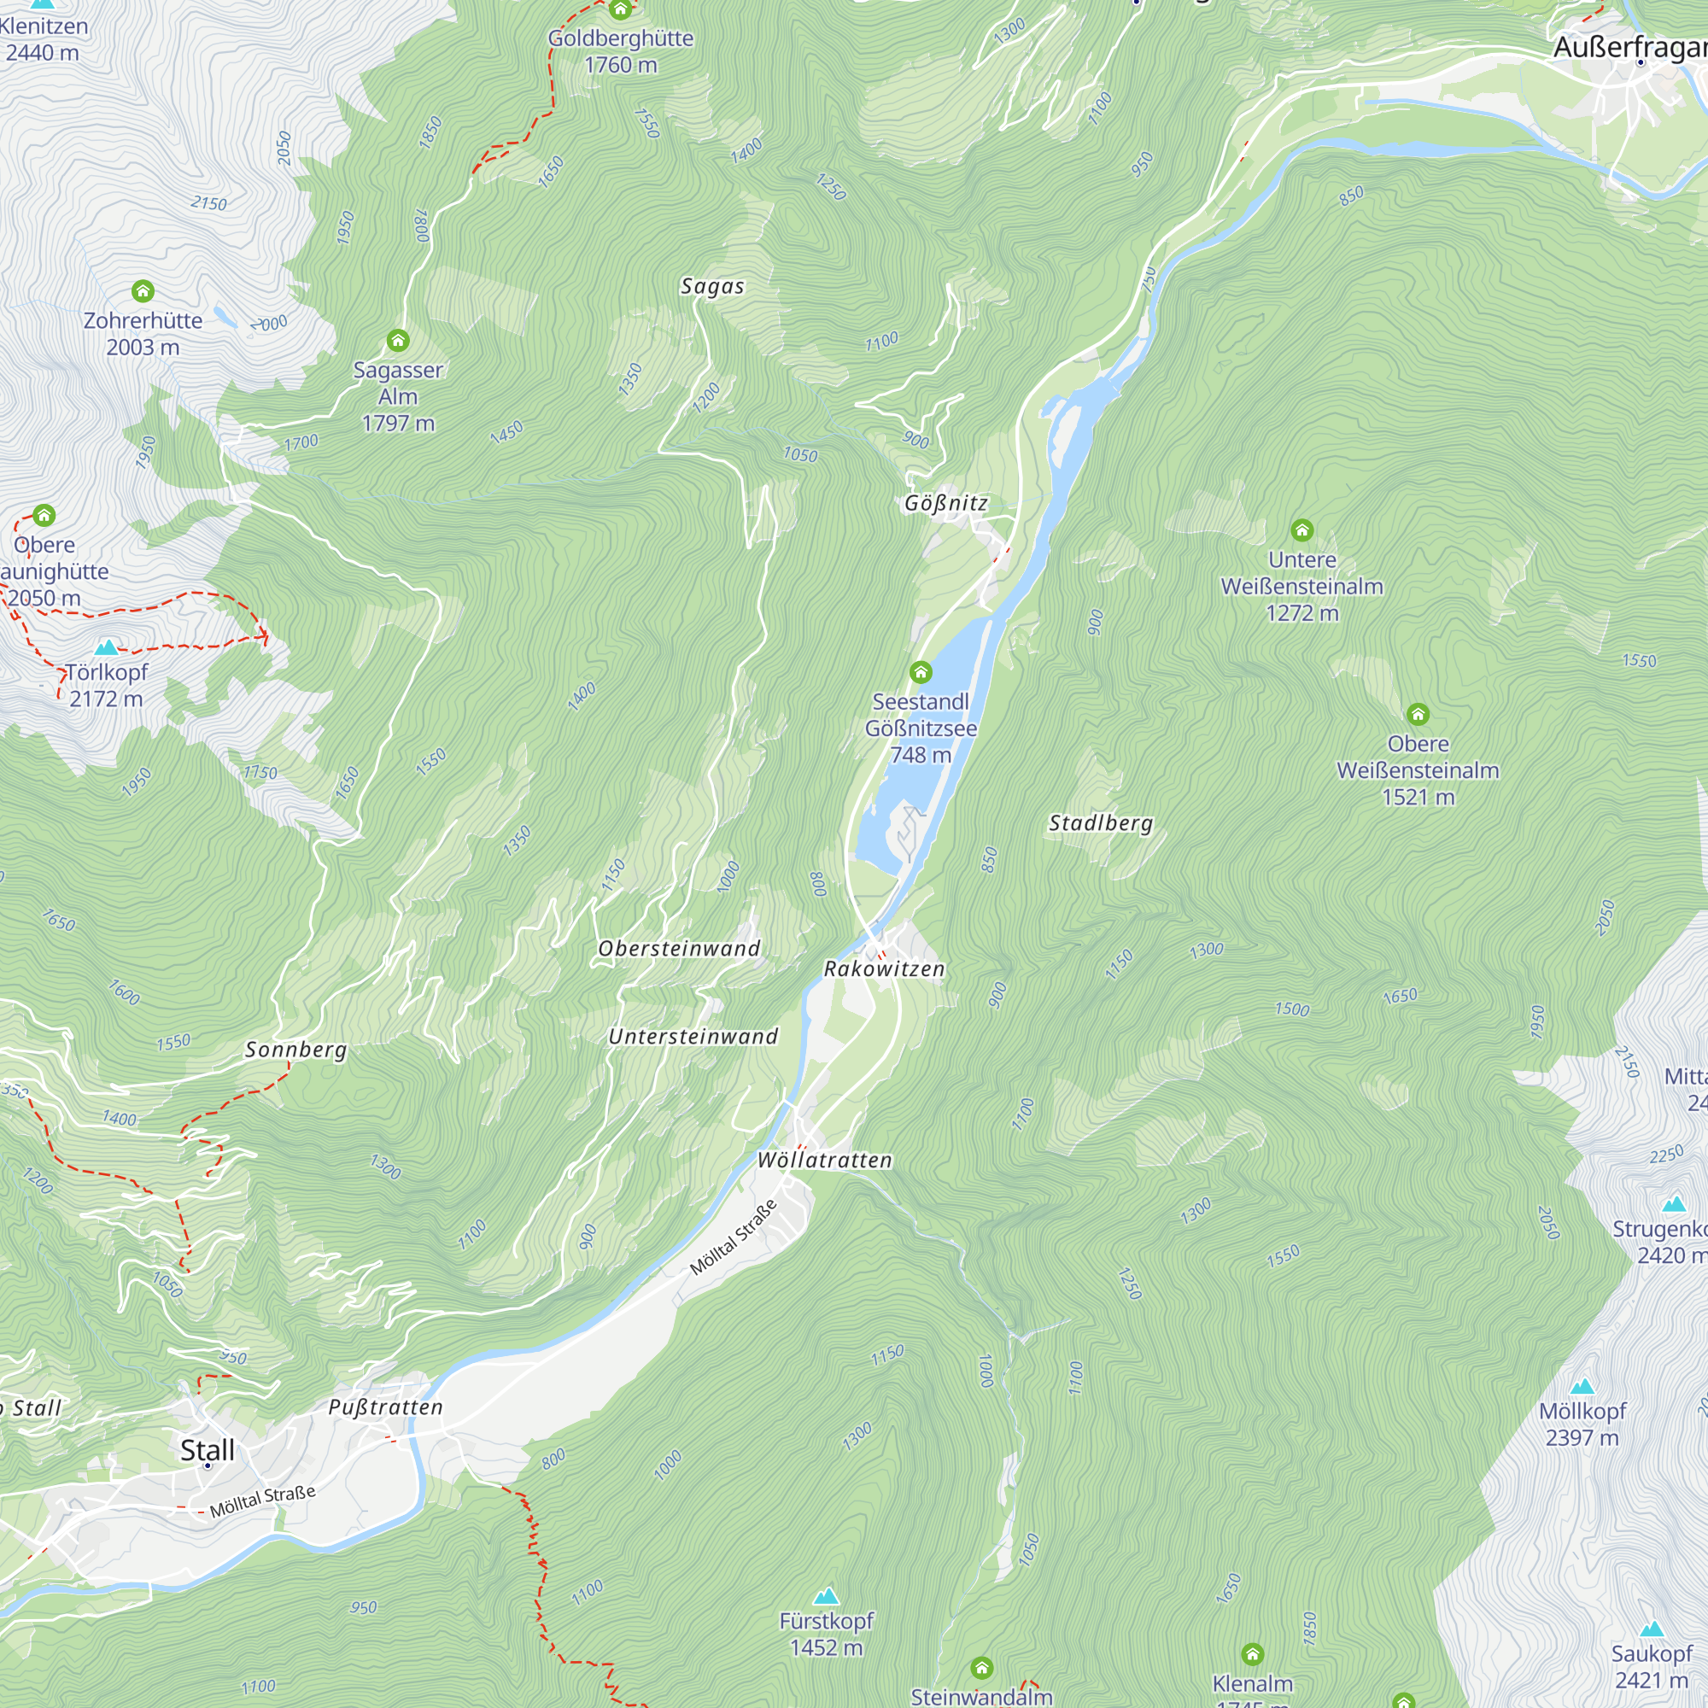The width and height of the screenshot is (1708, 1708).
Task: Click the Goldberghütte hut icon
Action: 621,10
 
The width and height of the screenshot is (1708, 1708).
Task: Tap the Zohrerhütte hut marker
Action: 143,291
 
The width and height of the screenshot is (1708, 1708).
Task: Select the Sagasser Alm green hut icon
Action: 398,341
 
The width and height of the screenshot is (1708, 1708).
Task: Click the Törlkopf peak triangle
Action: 106,647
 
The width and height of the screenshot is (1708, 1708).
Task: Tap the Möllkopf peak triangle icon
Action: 1582,1386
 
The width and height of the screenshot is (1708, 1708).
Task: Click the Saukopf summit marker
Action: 1652,1629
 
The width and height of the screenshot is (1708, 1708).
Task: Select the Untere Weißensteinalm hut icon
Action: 1301,530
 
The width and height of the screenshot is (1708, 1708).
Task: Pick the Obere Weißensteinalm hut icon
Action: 1418,714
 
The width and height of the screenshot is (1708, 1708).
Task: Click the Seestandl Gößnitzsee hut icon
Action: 921,673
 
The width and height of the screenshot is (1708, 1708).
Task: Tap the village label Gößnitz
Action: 945,503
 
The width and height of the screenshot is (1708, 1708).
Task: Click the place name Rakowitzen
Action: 884,969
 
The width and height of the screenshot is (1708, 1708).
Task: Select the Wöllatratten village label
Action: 825,1160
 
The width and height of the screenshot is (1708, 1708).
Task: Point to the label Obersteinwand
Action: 679,949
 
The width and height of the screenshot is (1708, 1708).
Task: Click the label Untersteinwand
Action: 693,1036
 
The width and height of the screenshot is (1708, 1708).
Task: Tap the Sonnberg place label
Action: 296,1050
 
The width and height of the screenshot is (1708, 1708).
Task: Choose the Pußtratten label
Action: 385,1407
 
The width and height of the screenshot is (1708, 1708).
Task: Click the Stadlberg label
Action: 1101,823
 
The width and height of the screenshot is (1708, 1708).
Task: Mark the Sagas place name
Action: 712,286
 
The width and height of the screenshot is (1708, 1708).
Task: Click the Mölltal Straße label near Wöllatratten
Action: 733,1237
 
